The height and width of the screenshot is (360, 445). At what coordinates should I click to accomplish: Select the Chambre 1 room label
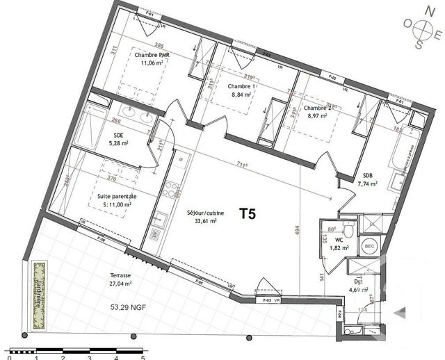point(242,85)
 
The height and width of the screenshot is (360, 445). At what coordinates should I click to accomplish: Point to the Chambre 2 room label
point(319,108)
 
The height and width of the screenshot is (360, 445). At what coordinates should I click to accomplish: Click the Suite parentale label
point(116,196)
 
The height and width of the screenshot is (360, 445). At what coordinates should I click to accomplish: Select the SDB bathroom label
point(368,175)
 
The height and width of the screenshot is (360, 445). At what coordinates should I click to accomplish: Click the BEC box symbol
point(369,245)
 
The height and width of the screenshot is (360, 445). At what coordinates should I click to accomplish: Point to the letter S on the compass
point(419,45)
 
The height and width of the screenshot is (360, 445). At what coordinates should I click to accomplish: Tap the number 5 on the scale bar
point(143,354)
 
